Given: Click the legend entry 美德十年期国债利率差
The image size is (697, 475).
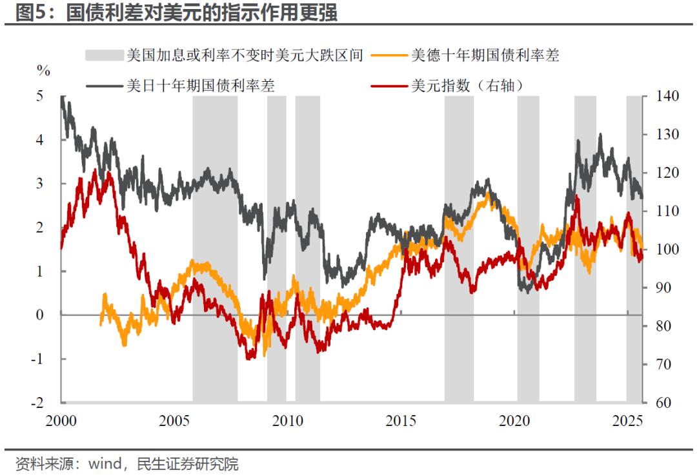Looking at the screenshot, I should pos(485,55).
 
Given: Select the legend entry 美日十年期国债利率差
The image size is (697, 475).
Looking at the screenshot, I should pos(201,85).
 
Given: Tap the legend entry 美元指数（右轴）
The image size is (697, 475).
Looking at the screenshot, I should pos(466,85).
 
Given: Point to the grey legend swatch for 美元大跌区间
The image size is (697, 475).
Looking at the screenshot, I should pos(104,55).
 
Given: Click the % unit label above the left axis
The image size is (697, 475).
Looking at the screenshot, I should pos(43,70).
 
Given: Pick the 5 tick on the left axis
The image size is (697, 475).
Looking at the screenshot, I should pos(39,96).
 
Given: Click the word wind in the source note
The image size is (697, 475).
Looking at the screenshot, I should pos(103,463).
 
